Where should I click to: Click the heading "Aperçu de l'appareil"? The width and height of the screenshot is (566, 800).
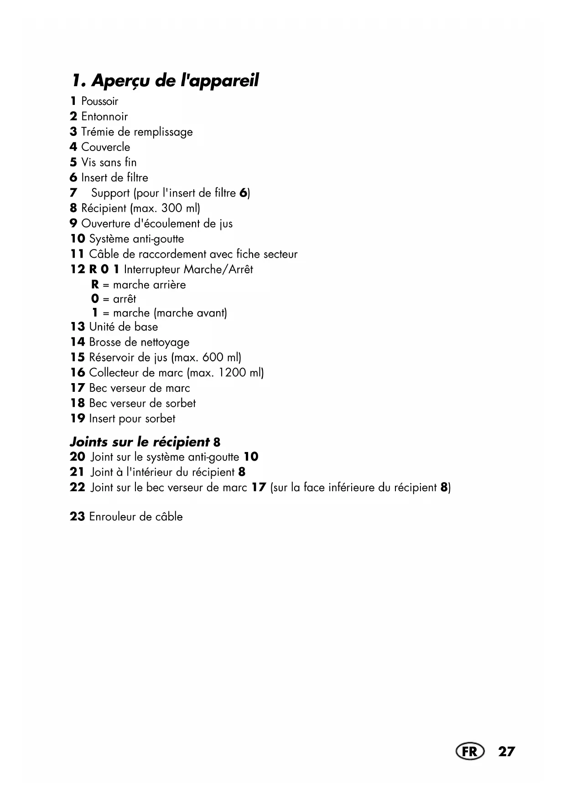165,81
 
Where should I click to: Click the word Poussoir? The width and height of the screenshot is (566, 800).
99,101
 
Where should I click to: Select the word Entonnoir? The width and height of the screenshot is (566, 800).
104,117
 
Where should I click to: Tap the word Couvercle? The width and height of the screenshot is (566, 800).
105,147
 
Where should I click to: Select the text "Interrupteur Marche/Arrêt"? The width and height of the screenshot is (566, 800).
188,270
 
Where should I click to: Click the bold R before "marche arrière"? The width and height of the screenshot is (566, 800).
95,285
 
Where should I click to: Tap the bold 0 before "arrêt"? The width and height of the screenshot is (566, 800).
95,299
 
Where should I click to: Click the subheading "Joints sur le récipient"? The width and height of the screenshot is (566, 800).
140,442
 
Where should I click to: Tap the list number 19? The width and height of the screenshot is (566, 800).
78,418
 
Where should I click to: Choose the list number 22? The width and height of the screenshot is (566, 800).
78,488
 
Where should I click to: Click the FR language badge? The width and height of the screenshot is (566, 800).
469,751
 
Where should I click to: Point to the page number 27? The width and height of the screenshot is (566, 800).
506,751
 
